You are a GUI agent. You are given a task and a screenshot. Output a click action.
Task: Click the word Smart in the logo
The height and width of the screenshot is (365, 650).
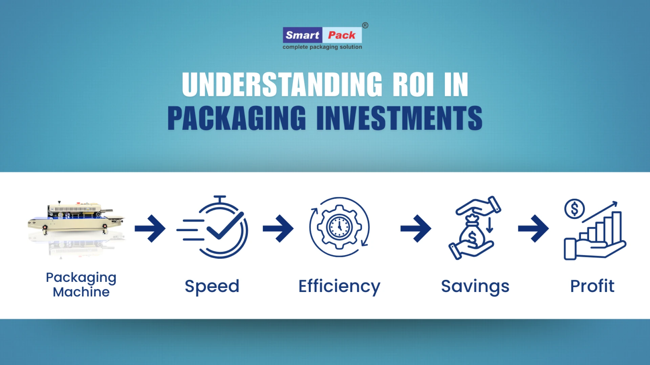[302, 35]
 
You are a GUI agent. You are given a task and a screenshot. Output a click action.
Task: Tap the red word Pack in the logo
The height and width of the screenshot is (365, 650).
[342, 35]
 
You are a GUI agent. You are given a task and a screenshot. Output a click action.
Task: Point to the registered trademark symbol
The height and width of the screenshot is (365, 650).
[365, 25]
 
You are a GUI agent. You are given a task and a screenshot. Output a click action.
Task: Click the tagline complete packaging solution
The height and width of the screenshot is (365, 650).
[322, 47]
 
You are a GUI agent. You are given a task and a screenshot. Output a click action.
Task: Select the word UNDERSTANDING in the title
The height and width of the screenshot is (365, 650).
[282, 84]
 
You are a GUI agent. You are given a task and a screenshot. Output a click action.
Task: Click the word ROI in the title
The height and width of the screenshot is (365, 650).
[413, 84]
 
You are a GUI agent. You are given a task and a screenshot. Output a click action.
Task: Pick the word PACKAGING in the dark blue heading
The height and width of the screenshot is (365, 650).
[237, 118]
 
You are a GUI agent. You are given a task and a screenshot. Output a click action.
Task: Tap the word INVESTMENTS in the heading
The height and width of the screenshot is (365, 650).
[399, 118]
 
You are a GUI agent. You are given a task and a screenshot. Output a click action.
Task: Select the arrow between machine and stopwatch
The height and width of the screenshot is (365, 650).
[150, 228]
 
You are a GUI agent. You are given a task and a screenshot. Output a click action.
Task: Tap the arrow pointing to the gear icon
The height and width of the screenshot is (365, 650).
[278, 228]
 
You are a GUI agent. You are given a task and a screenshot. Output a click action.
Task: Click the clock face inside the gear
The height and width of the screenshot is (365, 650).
[339, 227]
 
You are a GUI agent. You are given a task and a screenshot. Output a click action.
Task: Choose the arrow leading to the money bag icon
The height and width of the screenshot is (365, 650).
[416, 228]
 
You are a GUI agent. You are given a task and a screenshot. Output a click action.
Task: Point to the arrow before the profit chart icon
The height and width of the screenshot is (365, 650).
[533, 228]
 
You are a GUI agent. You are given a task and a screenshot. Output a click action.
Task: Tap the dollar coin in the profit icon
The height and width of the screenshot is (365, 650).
[575, 209]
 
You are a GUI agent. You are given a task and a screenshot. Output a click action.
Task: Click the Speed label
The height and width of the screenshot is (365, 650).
[212, 286]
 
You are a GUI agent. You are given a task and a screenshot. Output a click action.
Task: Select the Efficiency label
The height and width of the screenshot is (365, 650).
[339, 286]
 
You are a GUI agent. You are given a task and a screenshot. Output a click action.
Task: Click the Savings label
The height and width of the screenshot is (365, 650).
[475, 286]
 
